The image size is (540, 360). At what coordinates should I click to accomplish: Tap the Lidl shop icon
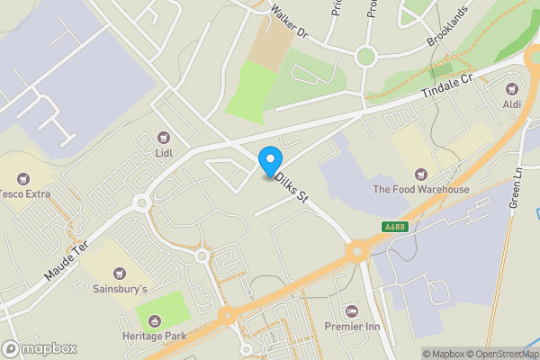[163, 138]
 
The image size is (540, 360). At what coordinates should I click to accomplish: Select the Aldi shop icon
[512, 88]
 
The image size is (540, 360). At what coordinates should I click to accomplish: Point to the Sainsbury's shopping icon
[118, 274]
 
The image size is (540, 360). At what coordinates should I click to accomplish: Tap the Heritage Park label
[154, 336]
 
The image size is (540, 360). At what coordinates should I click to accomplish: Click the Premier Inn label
[351, 326]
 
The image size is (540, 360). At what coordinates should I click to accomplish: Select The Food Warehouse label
[421, 190]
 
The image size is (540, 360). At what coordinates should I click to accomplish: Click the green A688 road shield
[395, 226]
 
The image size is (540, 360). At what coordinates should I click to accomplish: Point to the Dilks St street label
[292, 187]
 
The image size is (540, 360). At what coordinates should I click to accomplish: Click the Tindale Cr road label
[447, 88]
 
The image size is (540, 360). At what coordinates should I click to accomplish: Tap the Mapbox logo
[40, 348]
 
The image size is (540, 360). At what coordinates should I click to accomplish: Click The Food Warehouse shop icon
[419, 174]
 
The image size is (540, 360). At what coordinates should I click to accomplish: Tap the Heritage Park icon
[154, 321]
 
